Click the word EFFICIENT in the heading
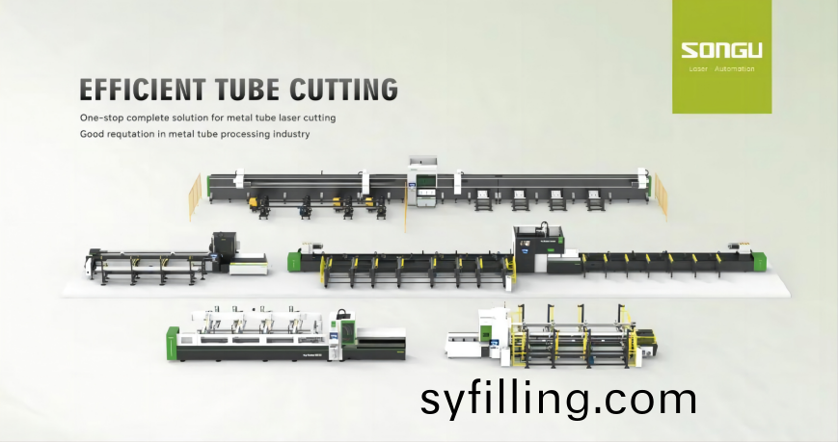(x=143, y=90)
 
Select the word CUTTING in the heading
(x=343, y=90)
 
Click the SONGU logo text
(x=721, y=51)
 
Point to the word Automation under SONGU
(x=734, y=69)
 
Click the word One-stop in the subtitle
(x=102, y=117)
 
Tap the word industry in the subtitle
(x=291, y=134)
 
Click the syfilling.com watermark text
(x=558, y=400)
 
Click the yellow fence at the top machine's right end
(x=662, y=195)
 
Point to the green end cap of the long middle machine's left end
(x=294, y=261)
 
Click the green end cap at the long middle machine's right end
(x=761, y=261)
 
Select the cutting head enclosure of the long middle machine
(x=538, y=248)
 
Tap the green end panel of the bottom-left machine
(x=172, y=343)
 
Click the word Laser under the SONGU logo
(x=698, y=69)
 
